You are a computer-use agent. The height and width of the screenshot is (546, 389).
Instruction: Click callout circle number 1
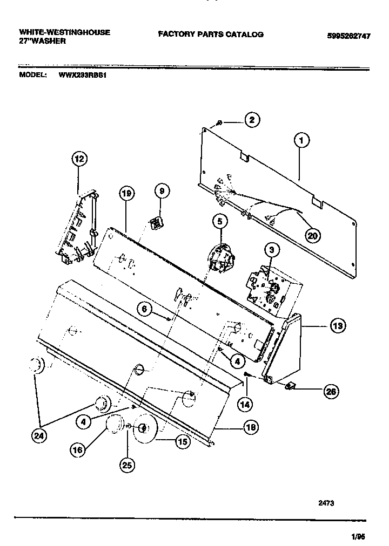click(x=301, y=141)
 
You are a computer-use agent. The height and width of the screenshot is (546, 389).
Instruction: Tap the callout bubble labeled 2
click(x=251, y=121)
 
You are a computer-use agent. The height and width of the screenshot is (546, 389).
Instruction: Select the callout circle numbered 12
click(x=79, y=159)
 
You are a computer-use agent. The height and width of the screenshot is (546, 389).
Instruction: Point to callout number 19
click(x=126, y=194)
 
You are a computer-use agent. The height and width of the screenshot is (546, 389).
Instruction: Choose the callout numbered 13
click(x=337, y=326)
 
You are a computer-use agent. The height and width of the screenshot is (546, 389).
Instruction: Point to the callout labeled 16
click(x=78, y=448)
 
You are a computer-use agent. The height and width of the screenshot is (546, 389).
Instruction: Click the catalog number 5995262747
click(x=348, y=36)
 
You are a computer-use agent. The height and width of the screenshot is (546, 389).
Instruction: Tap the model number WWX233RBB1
click(x=83, y=76)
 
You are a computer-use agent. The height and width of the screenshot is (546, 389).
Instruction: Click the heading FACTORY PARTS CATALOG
click(x=211, y=34)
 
